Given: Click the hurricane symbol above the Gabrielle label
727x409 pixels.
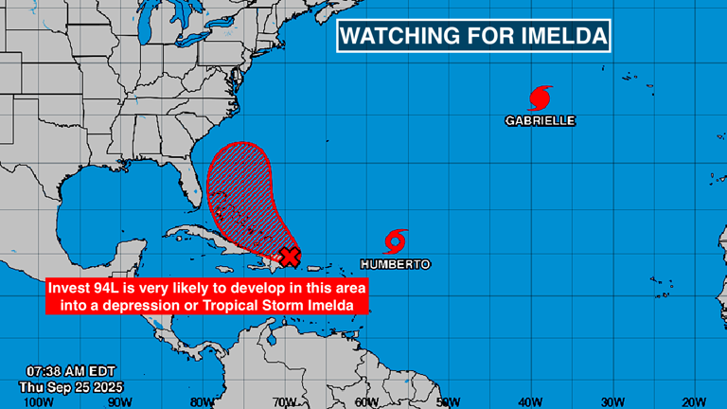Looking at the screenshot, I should [x=540, y=98].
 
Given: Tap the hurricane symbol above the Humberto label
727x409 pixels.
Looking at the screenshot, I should [x=396, y=241].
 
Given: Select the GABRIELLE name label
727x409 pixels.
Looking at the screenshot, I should [x=540, y=121].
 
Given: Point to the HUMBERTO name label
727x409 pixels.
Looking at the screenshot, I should [x=396, y=264].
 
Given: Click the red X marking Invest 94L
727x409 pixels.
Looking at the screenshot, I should [x=291, y=255].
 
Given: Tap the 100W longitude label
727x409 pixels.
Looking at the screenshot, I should [x=38, y=400].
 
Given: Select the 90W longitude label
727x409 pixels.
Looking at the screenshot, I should [x=119, y=400].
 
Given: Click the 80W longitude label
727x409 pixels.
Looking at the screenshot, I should [x=201, y=400].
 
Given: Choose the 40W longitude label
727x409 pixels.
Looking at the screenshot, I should [x=529, y=400].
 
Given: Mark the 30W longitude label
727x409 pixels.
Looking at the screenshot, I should [x=612, y=400].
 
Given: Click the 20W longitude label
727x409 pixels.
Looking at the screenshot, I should [x=693, y=400].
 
